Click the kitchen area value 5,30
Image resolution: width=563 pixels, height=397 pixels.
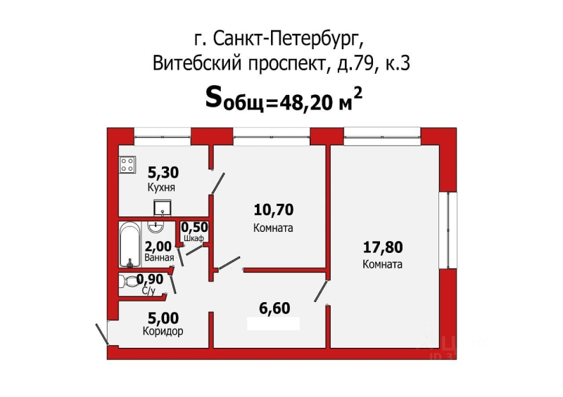click(x=162, y=171)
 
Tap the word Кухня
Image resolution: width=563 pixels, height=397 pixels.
click(x=161, y=188)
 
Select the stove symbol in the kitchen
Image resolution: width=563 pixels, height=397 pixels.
click(x=127, y=164)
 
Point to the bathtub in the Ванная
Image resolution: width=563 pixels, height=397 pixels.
click(x=129, y=245)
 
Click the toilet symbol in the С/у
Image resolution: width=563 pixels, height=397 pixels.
click(x=131, y=282)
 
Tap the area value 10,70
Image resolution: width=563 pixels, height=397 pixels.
click(x=273, y=209)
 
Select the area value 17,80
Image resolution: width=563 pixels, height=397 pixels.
click(x=383, y=247)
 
